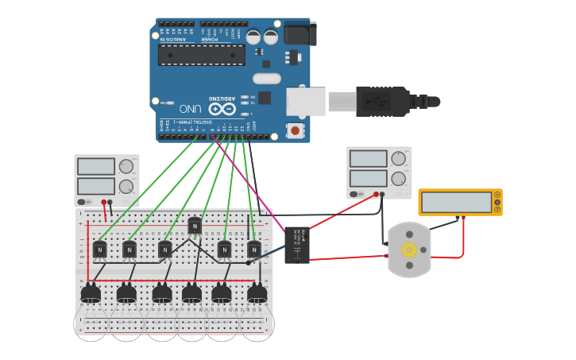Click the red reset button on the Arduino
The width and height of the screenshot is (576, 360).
coord(295,130)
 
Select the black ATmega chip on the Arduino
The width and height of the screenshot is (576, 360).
coord(201,55)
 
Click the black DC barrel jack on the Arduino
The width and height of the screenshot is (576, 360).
coord(300,33)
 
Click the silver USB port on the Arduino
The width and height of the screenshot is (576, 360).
coord(305,102)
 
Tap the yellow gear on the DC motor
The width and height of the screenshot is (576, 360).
coord(409,250)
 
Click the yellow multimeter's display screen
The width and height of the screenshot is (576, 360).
coord(457,203)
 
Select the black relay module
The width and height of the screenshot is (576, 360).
coord(297,245)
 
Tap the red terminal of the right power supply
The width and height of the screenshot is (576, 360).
coord(376,193)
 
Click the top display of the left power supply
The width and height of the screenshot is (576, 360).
coord(95,167)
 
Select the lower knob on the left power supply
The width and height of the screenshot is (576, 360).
coord(126,187)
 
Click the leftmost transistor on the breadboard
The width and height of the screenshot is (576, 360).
coord(99,250)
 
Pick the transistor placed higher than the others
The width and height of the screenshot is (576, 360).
coord(195,226)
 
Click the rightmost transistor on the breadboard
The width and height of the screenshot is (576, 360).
coord(253,250)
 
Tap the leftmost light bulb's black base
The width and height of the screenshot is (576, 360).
coord(91,294)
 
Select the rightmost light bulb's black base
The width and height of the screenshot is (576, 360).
coord(257,294)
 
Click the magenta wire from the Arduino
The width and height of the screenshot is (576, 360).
coord(246,183)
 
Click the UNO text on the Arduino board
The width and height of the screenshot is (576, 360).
coord(191,108)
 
